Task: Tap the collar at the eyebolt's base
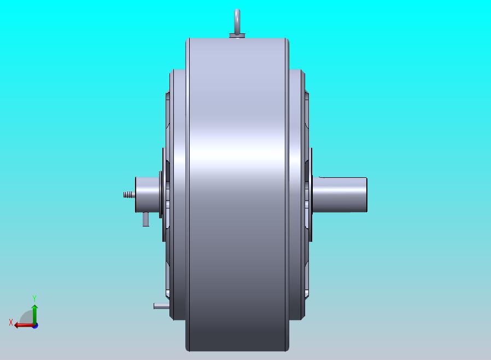click(237, 36)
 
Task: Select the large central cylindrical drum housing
click(237, 195)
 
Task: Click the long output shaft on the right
click(340, 195)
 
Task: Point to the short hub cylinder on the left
click(147, 195)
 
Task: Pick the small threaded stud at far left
click(129, 195)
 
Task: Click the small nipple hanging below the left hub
click(145, 219)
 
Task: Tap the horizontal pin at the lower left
click(162, 306)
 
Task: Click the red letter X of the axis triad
click(11, 322)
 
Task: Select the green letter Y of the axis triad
click(34, 298)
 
